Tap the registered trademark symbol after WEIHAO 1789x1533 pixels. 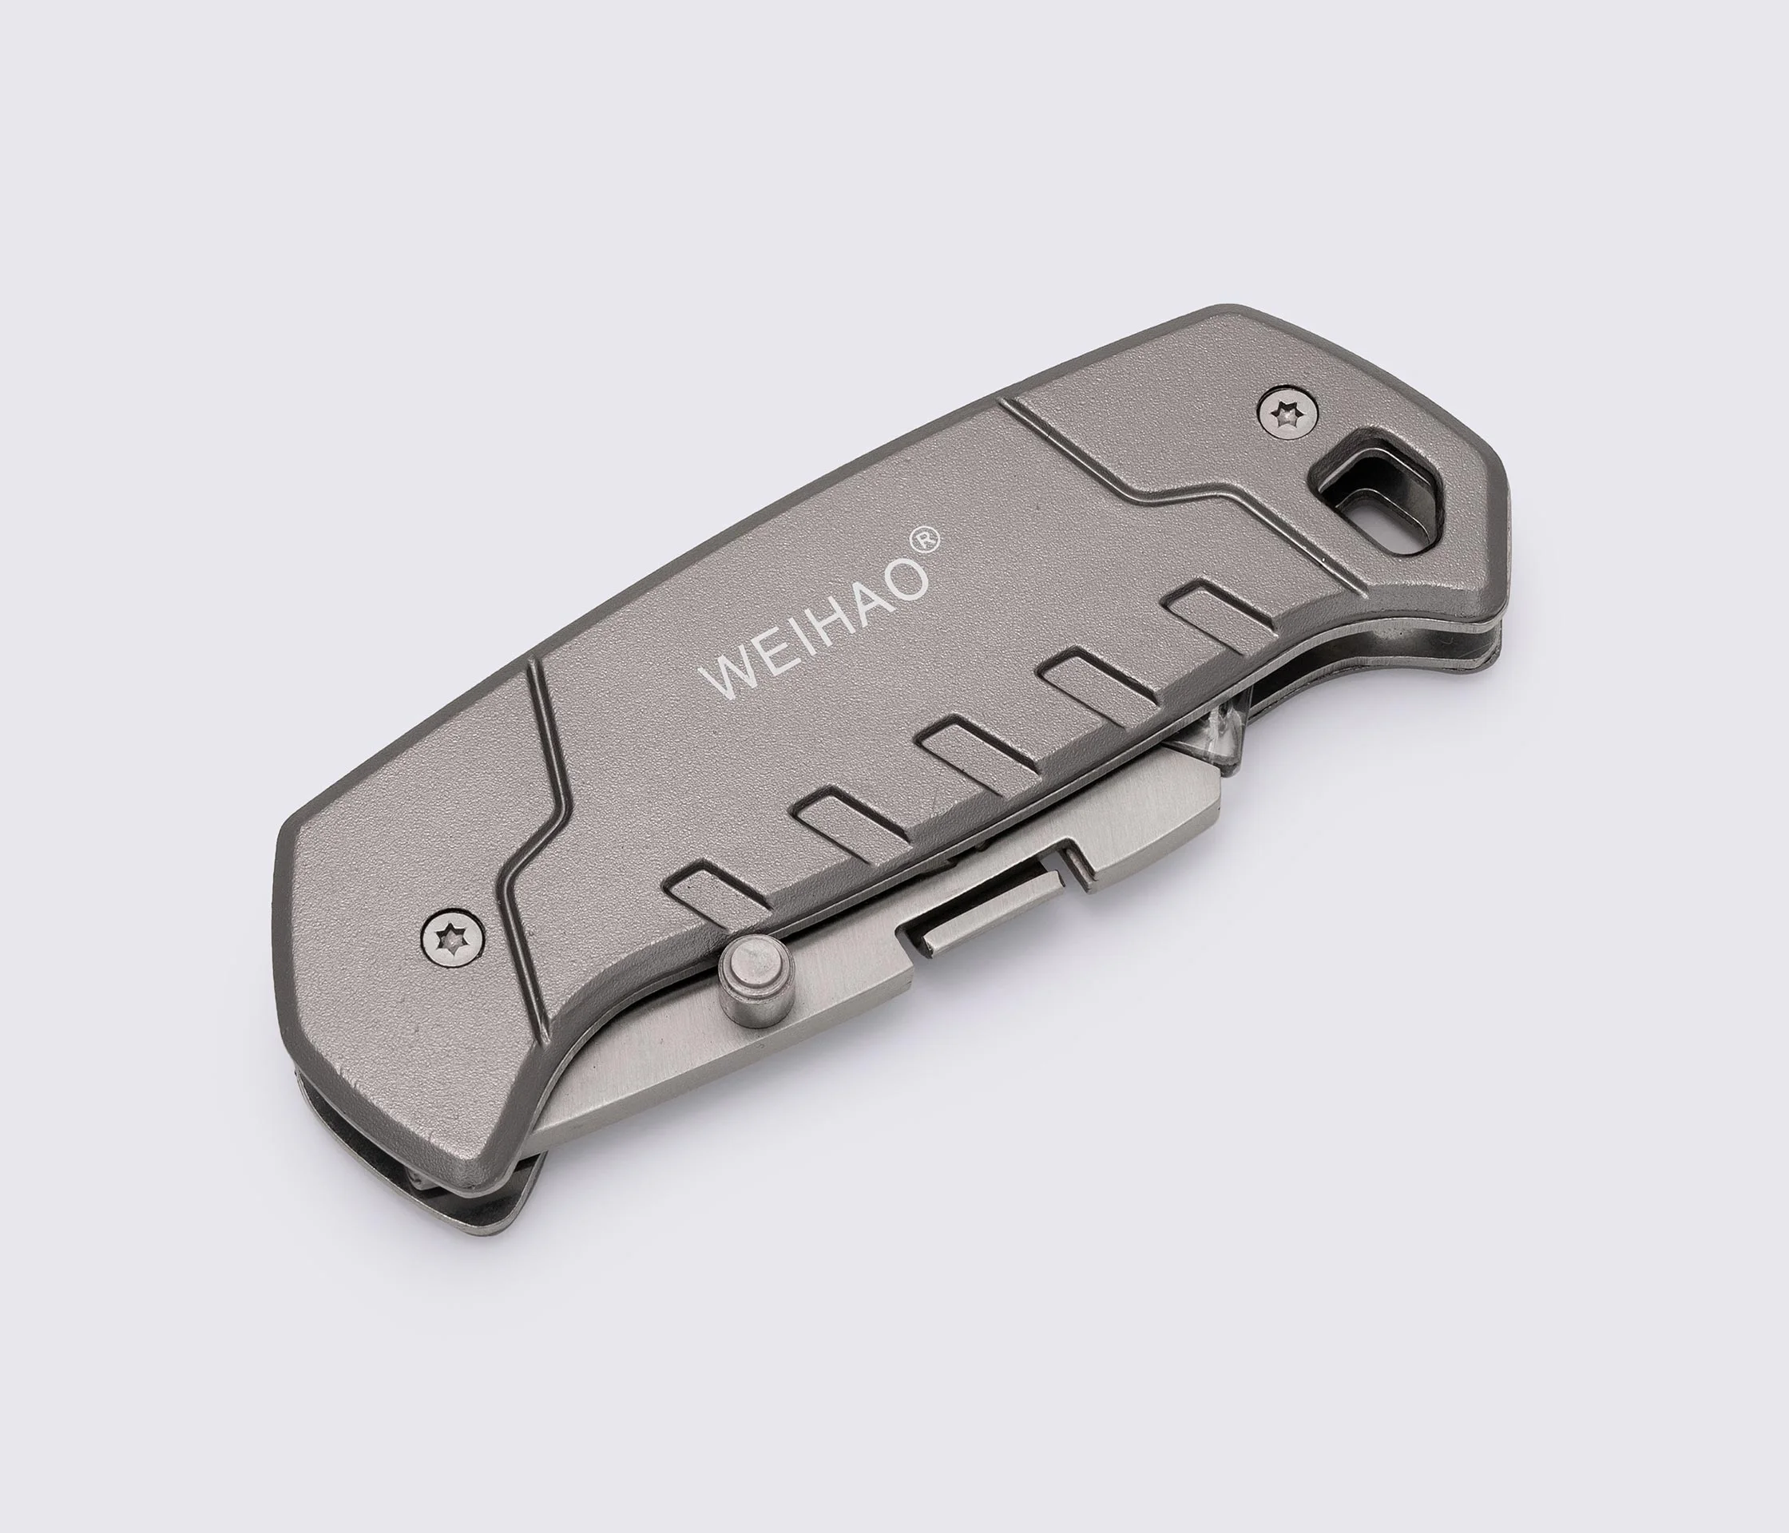coord(923,540)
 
